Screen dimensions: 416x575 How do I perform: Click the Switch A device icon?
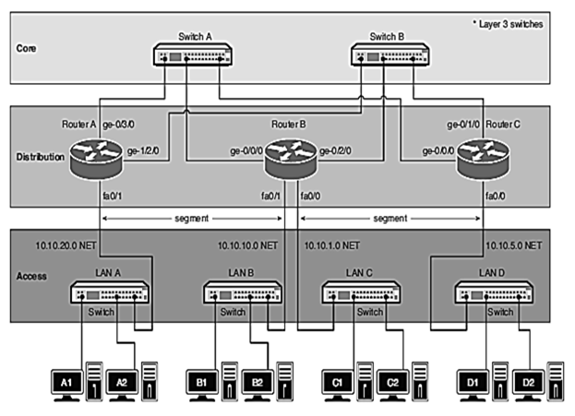coord(195,56)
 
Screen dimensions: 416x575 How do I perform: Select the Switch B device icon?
coord(391,56)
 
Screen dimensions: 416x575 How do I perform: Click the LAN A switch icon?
coord(111,293)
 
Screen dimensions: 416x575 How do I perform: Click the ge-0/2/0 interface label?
coord(332,151)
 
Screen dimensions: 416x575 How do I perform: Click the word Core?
coord(27,44)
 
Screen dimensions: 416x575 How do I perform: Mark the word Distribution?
coord(41,157)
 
